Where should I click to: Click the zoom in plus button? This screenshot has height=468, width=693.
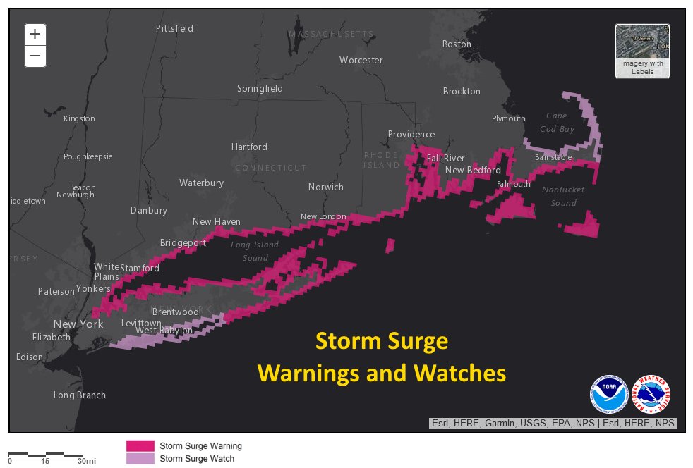[35, 35]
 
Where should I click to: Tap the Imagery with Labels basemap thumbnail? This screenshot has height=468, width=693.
[642, 50]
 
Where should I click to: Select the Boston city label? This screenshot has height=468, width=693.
[457, 44]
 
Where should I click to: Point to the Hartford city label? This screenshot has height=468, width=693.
[249, 147]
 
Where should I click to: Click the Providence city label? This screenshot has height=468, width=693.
[411, 134]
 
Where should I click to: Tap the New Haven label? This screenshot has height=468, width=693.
[217, 221]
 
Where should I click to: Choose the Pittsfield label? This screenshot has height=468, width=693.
[174, 28]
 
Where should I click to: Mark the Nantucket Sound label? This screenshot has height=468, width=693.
[563, 196]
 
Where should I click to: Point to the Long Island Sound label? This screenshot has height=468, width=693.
[255, 251]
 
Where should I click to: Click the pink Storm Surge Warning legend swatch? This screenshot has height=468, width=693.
[140, 446]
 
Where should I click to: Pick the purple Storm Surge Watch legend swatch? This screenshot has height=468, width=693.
[140, 459]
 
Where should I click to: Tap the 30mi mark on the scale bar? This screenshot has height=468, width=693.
[86, 461]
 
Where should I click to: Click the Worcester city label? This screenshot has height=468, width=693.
[361, 60]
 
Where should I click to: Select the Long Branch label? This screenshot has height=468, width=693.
[79, 395]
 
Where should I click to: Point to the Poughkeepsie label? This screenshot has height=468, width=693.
[88, 156]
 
